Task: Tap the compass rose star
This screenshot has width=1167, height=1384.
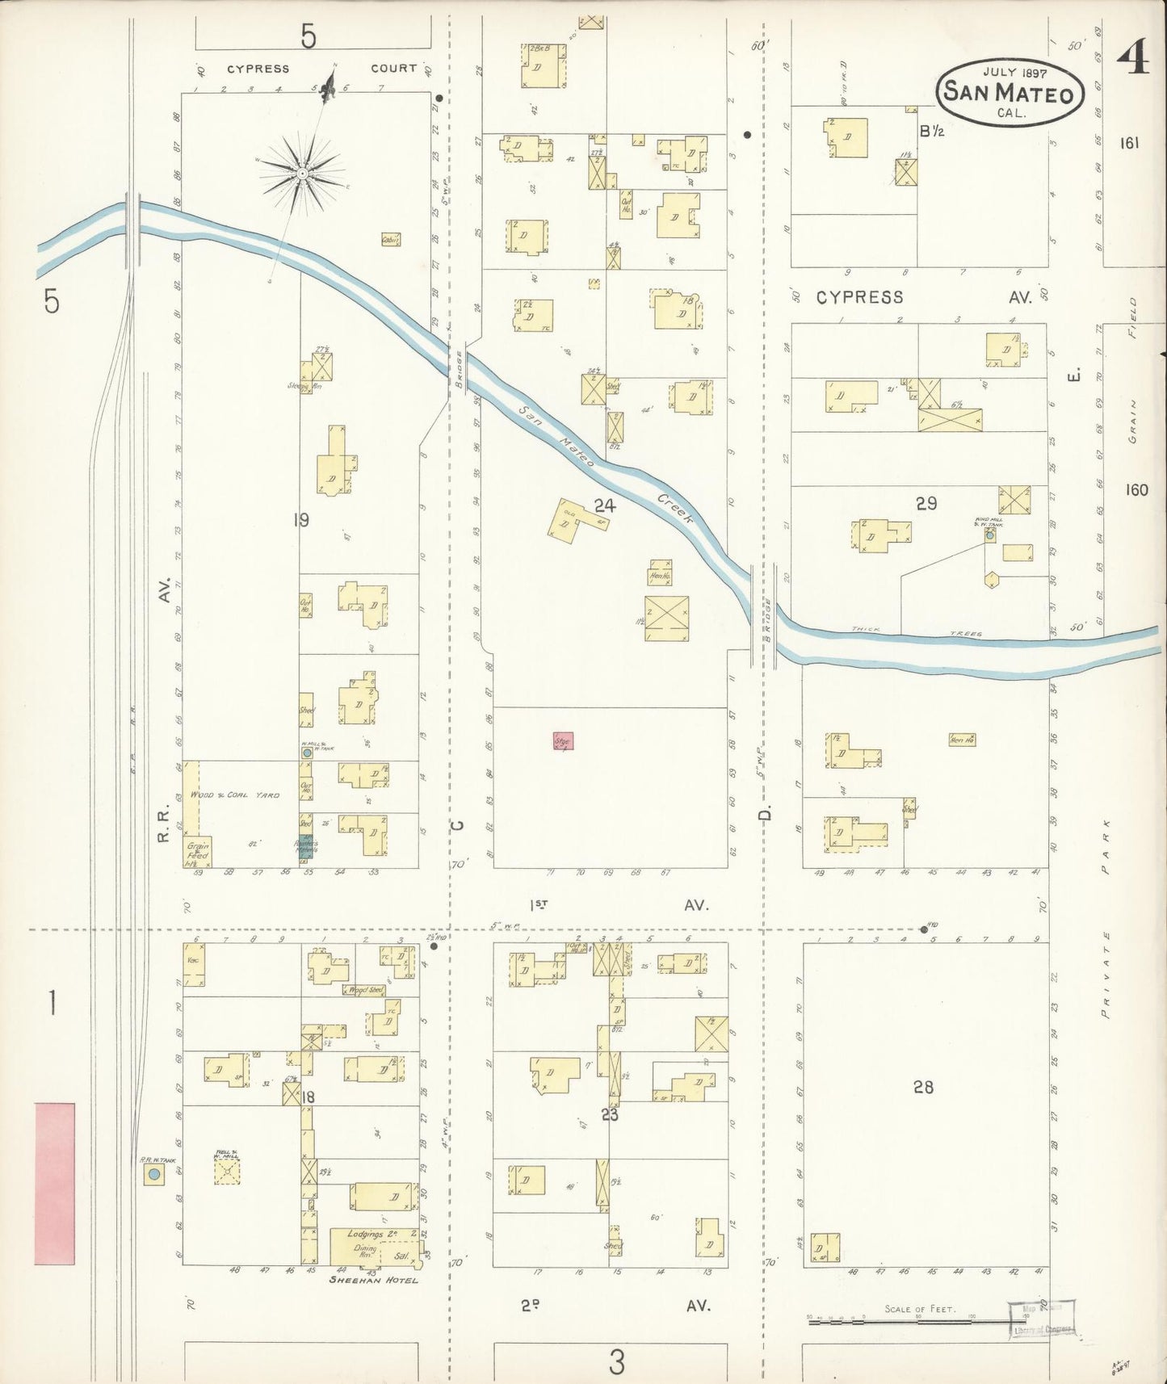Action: pos(301,173)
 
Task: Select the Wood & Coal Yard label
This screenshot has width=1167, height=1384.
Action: pos(235,795)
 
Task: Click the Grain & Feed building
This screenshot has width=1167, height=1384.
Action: pos(198,851)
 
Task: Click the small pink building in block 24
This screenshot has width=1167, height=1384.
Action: pos(562,740)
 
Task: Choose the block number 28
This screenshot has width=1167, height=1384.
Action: pos(923,1088)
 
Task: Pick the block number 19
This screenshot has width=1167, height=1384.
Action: pos(301,520)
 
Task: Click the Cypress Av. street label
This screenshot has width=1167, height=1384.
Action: pos(921,297)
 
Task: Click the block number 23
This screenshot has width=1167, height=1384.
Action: pos(610,1115)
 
